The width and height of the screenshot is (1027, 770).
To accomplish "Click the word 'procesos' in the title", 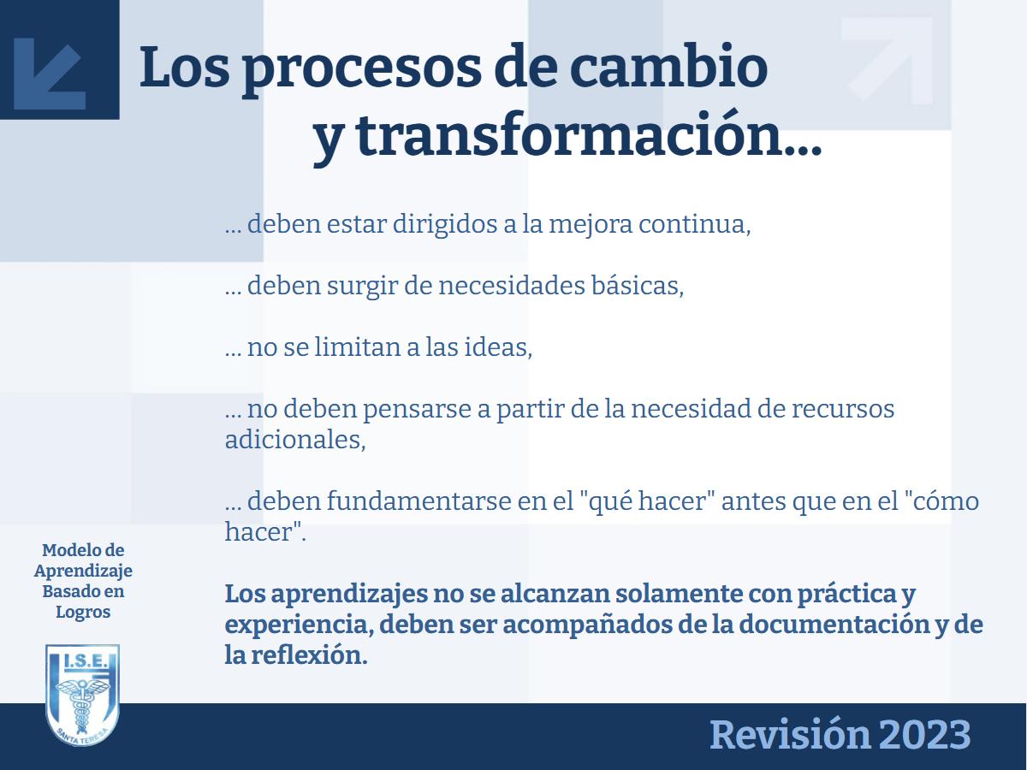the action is [x=361, y=69].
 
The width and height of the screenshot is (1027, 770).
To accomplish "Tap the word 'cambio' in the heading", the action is [x=668, y=66].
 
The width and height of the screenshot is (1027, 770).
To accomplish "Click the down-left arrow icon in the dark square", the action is [x=50, y=74].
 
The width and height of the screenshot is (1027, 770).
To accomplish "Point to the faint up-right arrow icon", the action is [x=887, y=59].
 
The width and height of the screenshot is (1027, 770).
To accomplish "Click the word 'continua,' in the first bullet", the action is [x=694, y=224].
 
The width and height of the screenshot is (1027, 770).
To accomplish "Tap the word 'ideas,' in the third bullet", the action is [x=498, y=346].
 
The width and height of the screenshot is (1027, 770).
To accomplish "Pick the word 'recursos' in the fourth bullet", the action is [x=843, y=409].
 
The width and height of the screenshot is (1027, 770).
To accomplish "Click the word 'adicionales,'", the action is [x=295, y=440].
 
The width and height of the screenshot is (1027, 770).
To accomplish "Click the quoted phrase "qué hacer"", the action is [x=645, y=501].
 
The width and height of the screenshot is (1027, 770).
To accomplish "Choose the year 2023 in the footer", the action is [x=924, y=735].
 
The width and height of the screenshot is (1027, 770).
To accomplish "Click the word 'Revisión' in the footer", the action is [x=790, y=734].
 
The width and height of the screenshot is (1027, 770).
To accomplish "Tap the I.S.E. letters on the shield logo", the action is [x=84, y=660].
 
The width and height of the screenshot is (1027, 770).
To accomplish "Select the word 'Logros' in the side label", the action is [x=83, y=613].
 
